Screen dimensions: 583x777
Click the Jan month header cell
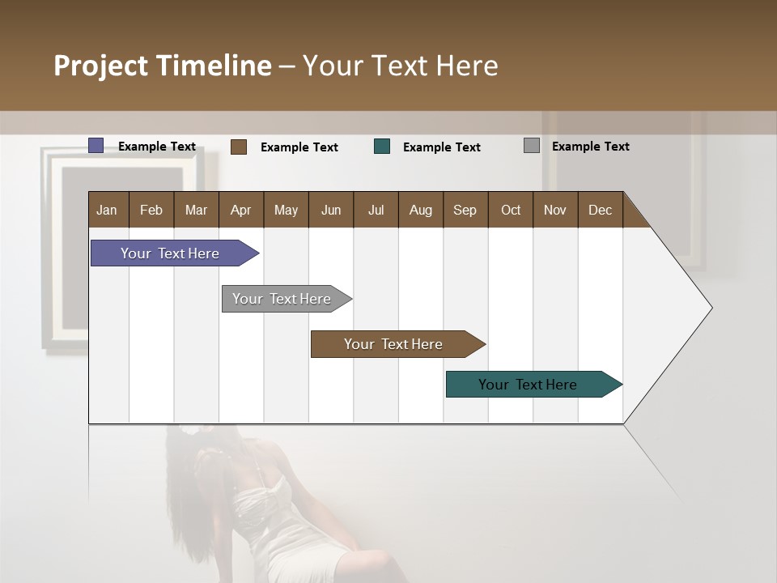click(x=108, y=210)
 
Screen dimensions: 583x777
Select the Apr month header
click(x=241, y=210)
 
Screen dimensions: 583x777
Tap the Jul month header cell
click(x=376, y=210)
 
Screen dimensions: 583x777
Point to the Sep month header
click(x=465, y=210)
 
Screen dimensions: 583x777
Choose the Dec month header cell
click(x=600, y=210)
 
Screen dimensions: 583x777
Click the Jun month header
click(x=331, y=210)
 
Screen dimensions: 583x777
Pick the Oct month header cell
click(x=511, y=210)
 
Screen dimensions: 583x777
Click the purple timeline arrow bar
click(x=171, y=253)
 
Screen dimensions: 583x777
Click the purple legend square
click(x=96, y=146)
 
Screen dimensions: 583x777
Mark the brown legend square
click(x=239, y=147)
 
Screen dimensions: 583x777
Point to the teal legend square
click(x=382, y=147)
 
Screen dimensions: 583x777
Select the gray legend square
click(x=532, y=146)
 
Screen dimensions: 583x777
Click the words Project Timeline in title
click(x=162, y=66)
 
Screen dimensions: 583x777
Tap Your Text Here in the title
click(x=401, y=66)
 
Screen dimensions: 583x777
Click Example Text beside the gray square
click(x=590, y=147)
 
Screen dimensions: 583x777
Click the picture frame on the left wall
click(x=65, y=251)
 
